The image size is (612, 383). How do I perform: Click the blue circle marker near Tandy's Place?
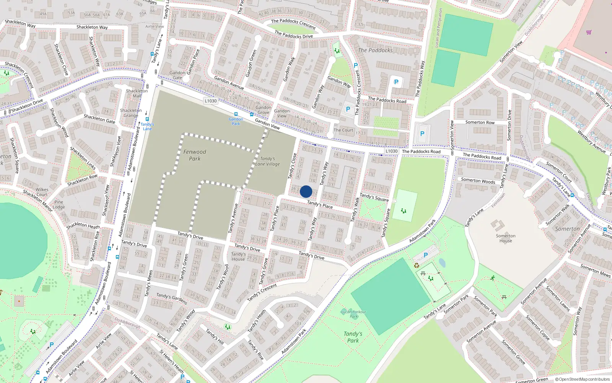pyautogui.click(x=306, y=191)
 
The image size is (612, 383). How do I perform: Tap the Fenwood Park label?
pyautogui.click(x=194, y=155)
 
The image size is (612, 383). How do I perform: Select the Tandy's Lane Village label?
pyautogui.click(x=267, y=161)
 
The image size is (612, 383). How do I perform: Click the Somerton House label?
pyautogui.click(x=505, y=238)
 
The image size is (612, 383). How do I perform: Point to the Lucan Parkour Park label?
pyautogui.click(x=353, y=314)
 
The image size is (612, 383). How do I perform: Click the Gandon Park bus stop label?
pyautogui.click(x=236, y=121)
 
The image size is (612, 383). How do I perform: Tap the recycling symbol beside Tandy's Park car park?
pyautogui.click(x=417, y=265)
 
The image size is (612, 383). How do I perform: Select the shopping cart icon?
pyautogui.click(x=589, y=32)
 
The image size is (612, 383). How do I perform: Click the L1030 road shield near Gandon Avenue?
pyautogui.click(x=210, y=101)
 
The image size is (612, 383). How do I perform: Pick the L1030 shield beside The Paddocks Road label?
pyautogui.click(x=391, y=151)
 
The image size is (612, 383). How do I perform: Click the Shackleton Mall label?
pyautogui.click(x=137, y=93)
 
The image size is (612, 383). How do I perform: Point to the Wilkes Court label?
pyautogui.click(x=42, y=192)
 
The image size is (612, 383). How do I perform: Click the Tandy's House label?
pyautogui.click(x=238, y=257)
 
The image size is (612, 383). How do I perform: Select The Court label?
pyautogui.click(x=343, y=130)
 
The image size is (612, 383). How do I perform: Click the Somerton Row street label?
pyautogui.click(x=480, y=123)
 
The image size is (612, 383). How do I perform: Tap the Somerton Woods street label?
pyautogui.click(x=478, y=180)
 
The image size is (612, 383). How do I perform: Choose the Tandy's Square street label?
pyautogui.click(x=374, y=197)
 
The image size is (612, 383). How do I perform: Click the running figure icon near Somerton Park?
pyautogui.click(x=493, y=278)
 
